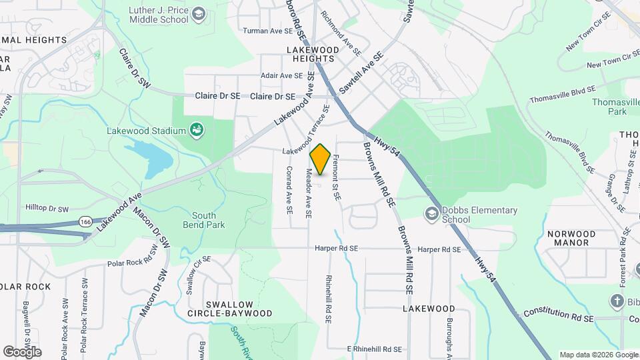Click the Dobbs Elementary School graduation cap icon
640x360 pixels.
(x=431, y=214)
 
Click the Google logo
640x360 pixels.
(x=22, y=351)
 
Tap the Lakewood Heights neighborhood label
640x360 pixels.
(x=310, y=54)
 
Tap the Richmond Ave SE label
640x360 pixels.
(x=341, y=32)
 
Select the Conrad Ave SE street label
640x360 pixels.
(x=288, y=189)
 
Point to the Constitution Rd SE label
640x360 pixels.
(x=558, y=313)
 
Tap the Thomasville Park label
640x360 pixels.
(x=609, y=106)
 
